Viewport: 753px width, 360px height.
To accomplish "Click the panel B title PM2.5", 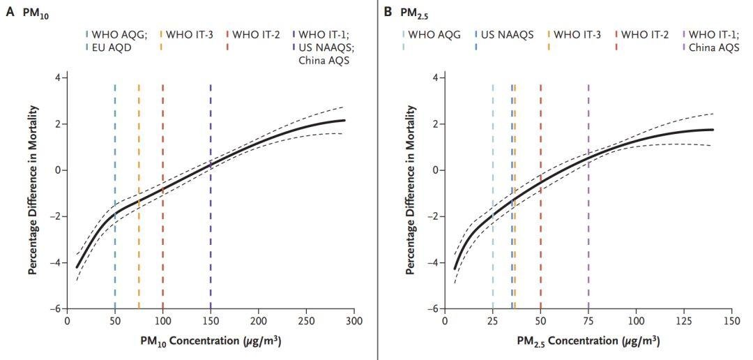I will (x=411, y=13).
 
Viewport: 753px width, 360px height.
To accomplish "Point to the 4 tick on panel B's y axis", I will (x=434, y=77).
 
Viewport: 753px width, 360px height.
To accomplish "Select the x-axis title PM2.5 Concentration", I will (x=588, y=342).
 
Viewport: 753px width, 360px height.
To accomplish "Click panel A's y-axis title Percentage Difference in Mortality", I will (x=33, y=190).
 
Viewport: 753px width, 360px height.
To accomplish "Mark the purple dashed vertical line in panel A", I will (x=211, y=195).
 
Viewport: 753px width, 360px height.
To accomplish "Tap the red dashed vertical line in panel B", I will (x=540, y=195).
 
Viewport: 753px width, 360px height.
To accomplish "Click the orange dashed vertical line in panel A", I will (x=139, y=195).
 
